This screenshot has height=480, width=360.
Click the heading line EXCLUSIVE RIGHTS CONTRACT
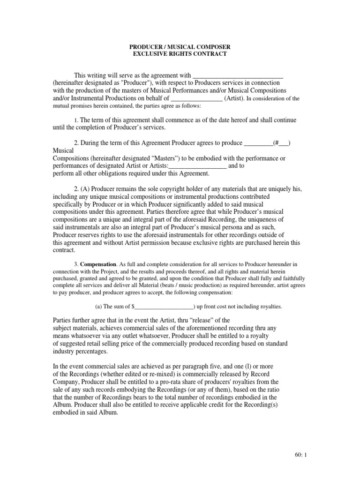click(x=180, y=54)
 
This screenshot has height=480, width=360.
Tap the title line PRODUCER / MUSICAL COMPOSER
click(x=180, y=47)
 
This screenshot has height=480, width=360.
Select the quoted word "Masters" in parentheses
click(x=174, y=158)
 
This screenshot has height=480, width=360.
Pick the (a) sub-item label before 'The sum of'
click(x=99, y=307)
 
